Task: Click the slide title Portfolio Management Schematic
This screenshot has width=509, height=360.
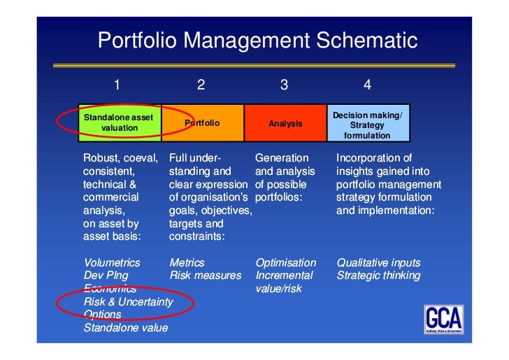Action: click(257, 40)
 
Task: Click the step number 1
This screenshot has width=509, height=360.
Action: click(117, 85)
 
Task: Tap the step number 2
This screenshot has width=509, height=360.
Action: click(201, 85)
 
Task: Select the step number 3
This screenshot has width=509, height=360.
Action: click(284, 85)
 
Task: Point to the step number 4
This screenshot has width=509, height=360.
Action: click(367, 85)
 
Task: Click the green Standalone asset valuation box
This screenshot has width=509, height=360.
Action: click(120, 123)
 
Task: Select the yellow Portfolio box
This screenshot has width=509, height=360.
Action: click(202, 123)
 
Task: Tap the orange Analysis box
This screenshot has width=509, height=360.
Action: click(285, 123)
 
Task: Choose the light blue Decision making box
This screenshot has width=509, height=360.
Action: click(368, 123)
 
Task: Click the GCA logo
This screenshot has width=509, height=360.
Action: click(443, 319)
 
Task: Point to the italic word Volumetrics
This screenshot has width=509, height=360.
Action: click(112, 263)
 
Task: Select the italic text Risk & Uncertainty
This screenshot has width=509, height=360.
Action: click(128, 301)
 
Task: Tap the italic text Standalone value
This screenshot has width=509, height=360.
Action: click(126, 327)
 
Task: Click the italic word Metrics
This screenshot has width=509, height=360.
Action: click(187, 263)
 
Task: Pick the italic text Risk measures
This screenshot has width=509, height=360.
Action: click(205, 275)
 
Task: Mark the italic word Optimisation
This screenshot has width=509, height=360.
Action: click(285, 263)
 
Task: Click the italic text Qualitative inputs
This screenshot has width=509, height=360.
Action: click(378, 263)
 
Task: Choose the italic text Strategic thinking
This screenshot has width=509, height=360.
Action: click(378, 275)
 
